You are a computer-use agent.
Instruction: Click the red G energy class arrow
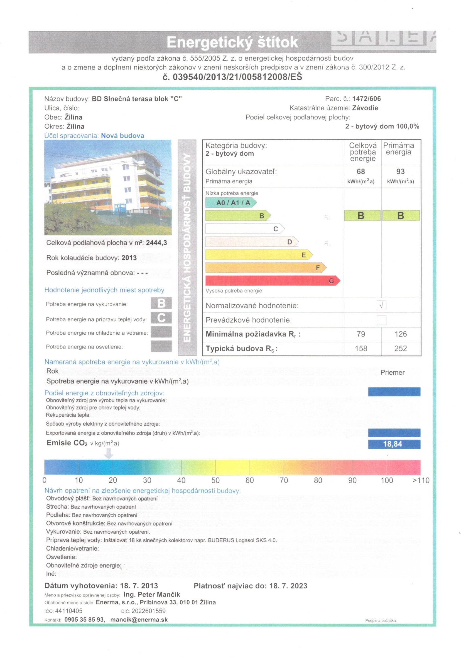(272, 280)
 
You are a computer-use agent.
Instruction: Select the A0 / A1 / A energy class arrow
(231, 202)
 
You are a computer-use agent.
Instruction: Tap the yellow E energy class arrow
(259, 255)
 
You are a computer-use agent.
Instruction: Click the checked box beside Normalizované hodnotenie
(381, 305)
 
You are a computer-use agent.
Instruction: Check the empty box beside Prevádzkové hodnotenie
(381, 320)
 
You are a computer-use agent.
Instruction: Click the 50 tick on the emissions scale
(215, 480)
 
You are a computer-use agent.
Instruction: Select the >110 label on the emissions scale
(421, 480)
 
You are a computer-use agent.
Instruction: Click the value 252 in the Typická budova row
(400, 349)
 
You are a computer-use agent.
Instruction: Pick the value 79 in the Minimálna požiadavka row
(361, 334)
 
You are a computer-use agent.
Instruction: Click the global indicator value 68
(360, 171)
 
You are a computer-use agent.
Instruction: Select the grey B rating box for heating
(161, 303)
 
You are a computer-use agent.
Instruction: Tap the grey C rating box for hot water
(161, 317)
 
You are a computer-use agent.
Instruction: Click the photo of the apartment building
(108, 187)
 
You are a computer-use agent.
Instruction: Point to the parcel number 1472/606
(366, 99)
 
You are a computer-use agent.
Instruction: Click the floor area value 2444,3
(156, 243)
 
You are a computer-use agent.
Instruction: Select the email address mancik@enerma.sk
(139, 620)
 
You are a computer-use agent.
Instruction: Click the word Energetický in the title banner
(206, 42)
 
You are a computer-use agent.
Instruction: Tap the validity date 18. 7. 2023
(288, 586)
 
